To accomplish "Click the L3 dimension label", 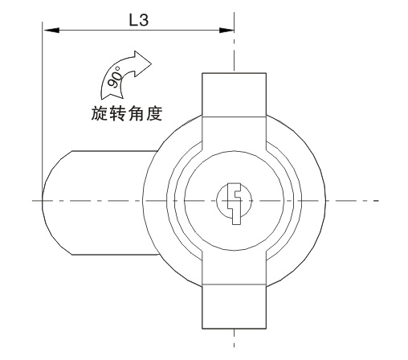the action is coord(139,20).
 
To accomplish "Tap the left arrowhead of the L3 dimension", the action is coord(51,30).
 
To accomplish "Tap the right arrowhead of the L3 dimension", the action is coord(226,30).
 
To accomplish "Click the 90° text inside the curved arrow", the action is coord(115,77).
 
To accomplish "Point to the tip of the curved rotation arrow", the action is coord(152,63).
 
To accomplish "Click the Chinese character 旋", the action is coord(100,113).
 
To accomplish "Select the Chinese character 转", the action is coord(117,113).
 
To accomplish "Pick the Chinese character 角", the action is coord(136,113).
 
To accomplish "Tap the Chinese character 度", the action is coord(153,113).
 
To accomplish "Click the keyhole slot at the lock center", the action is coord(235,203).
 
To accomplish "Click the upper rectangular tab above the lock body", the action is coord(234,95).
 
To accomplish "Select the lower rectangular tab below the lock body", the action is coord(234,306).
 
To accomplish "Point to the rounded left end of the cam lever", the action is coord(43,201).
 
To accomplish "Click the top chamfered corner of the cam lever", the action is coord(71,151).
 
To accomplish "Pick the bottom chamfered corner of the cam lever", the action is coord(71,254).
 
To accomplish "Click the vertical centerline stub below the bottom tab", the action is coord(235,338).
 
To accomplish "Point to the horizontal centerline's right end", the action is coord(378,200).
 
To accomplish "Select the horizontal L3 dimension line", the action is coord(139,30).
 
